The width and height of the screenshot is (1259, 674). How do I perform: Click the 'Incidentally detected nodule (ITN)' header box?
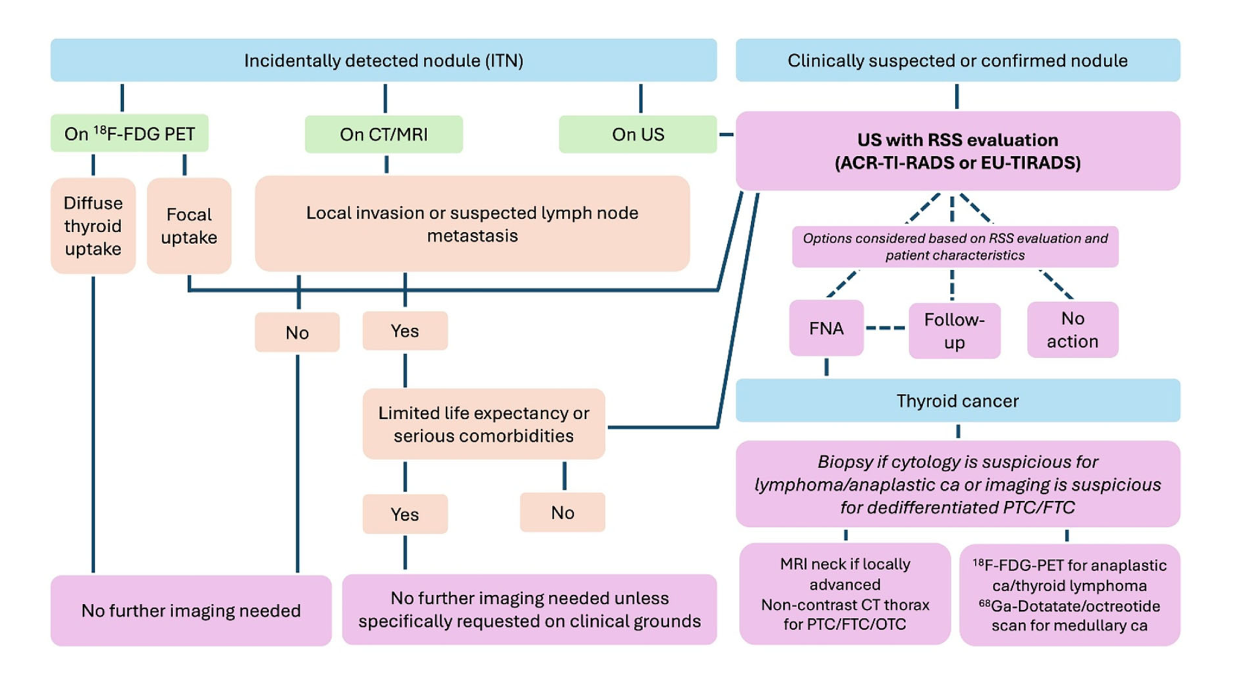coord(384,60)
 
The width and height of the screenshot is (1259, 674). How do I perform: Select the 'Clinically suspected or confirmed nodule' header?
coord(958,60)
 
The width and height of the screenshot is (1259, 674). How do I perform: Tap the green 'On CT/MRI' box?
coord(384,134)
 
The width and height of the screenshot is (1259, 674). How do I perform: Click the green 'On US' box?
coord(638,134)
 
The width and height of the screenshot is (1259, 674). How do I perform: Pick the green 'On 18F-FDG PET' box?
coord(130,134)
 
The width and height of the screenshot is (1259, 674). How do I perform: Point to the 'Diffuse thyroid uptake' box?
coord(93,226)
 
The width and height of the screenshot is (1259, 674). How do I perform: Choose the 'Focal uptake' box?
coord(189,226)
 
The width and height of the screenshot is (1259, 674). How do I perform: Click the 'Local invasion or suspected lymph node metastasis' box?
coord(472,224)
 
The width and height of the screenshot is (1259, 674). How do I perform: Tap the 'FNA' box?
coord(826,328)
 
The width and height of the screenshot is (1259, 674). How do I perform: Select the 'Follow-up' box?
coord(954,330)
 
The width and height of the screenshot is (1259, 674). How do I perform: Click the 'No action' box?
coord(1072,330)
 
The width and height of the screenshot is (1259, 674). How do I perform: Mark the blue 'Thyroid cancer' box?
coord(958,401)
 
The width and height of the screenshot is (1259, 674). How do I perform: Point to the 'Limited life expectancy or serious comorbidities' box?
coord(484,424)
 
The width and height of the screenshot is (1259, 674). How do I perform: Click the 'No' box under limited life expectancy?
coord(563,512)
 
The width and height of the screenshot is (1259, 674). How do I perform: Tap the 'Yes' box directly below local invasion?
coord(405,331)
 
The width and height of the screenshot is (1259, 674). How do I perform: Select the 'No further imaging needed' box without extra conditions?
coord(191,611)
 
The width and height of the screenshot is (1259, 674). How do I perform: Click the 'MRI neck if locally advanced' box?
coord(844,594)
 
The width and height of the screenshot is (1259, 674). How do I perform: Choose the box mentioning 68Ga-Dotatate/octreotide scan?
coord(1069,595)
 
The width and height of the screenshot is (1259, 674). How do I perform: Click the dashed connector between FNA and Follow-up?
coord(886,328)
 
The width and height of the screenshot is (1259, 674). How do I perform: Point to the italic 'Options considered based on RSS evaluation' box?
coord(955,247)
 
